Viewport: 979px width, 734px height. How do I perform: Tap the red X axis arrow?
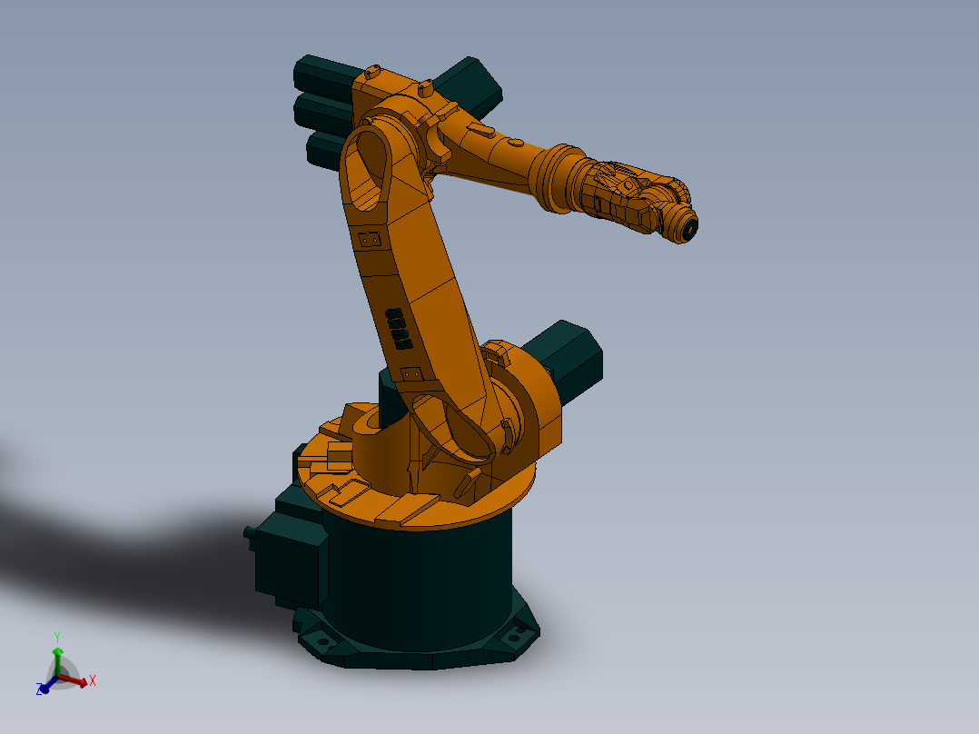click(76, 680)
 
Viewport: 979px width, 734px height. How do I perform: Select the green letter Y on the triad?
click(56, 637)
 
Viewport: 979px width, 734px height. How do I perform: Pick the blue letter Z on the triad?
click(39, 690)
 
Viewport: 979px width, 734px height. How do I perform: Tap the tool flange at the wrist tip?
click(689, 228)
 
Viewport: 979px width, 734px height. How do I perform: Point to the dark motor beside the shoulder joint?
click(569, 359)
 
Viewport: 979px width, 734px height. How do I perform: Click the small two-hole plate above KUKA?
click(369, 240)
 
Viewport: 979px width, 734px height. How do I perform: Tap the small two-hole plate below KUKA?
click(411, 372)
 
